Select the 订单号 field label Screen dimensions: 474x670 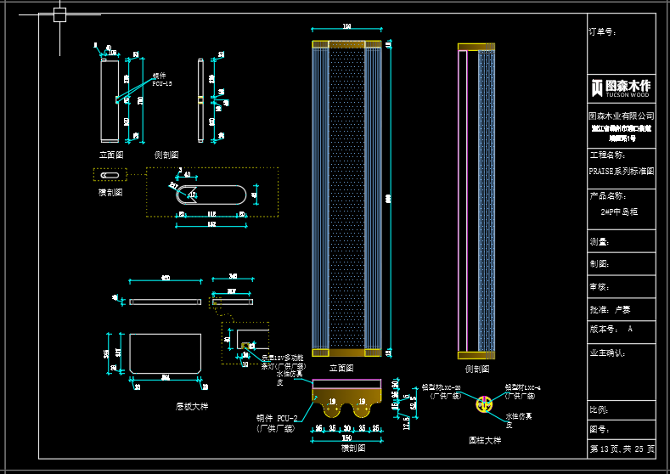[x=603, y=31]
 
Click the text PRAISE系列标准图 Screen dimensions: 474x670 [x=621, y=170]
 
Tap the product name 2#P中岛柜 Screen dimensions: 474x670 [x=619, y=211]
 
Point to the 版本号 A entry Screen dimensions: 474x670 [x=611, y=329]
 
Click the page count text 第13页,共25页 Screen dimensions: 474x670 [x=622, y=448]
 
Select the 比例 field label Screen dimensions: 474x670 [x=600, y=409]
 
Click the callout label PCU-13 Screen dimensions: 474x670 [x=162, y=83]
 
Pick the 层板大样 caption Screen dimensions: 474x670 [x=191, y=406]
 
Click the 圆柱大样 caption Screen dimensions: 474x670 [x=485, y=440]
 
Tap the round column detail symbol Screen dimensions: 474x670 [x=484, y=406]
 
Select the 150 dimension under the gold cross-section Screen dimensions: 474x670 [x=346, y=438]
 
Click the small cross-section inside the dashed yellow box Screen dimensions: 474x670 [x=110, y=175]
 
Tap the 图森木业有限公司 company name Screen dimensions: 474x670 [x=621, y=116]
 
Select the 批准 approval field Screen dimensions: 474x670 [x=610, y=310]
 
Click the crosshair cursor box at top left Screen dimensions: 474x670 [x=59, y=14]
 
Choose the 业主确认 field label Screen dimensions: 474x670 [x=606, y=352]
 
